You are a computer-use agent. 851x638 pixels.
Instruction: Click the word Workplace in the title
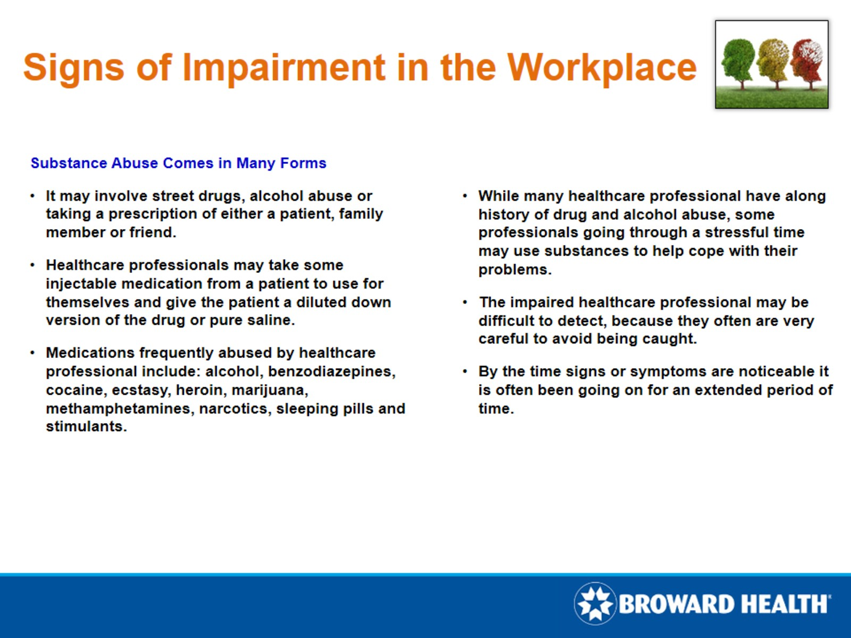pos(601,67)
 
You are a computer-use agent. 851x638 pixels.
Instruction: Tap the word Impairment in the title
pos(284,67)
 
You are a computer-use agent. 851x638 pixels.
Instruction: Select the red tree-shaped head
pos(807,59)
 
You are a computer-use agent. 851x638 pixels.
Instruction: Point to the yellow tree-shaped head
pos(773,59)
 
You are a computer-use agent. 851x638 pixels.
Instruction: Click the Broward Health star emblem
pos(595,603)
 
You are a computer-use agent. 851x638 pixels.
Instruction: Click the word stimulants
pos(85,426)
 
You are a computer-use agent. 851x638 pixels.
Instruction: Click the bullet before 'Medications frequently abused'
pos(32,353)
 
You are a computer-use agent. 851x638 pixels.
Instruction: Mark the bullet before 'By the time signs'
pos(465,371)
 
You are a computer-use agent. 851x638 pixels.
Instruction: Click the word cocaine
pos(75,390)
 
